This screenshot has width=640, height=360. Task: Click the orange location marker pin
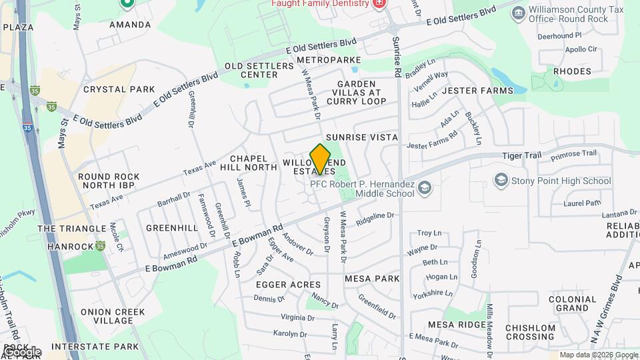pos(320,159)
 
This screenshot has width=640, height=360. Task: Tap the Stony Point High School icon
pos(501,180)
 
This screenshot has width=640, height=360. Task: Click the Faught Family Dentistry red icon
pos(379,3)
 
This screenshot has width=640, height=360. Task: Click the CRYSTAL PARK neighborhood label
pos(119,89)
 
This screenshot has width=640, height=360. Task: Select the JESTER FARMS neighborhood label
pos(477,91)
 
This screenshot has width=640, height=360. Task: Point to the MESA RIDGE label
pos(457,325)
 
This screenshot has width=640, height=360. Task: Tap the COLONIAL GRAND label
pos(572,303)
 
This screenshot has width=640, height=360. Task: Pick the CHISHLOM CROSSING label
pos(530,332)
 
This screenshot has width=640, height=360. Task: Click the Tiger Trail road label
pos(521,156)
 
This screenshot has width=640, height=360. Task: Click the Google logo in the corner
pos(21,352)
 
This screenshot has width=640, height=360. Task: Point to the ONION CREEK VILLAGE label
pos(107,316)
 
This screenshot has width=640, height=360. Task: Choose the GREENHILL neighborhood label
pos(172,228)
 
